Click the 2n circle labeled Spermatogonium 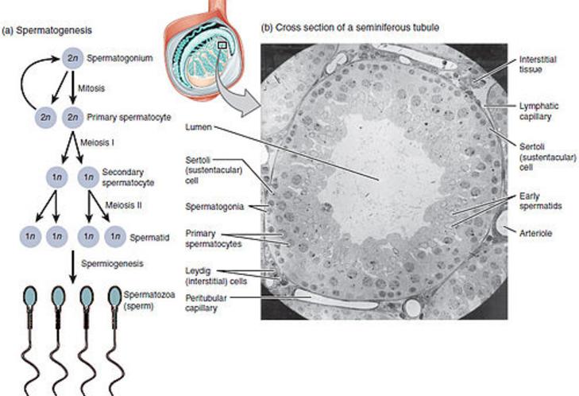tap(72, 58)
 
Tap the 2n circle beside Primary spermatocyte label tap(73, 117)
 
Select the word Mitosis tap(91, 88)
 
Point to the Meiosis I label tap(97, 142)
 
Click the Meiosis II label tap(123, 205)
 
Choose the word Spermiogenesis tap(112, 264)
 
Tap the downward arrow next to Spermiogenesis tap(73, 267)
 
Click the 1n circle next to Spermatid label tap(116, 236)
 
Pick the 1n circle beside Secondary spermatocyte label tap(89, 177)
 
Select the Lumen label tap(199, 127)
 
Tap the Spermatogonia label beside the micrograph tap(214, 207)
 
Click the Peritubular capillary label tap(206, 303)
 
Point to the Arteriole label tap(535, 233)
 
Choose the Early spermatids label tap(540, 201)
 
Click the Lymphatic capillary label tap(538, 111)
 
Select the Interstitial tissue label tap(538, 64)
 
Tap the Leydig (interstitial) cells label tap(216, 276)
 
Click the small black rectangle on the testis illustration tap(222, 45)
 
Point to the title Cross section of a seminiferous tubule tap(350, 27)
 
